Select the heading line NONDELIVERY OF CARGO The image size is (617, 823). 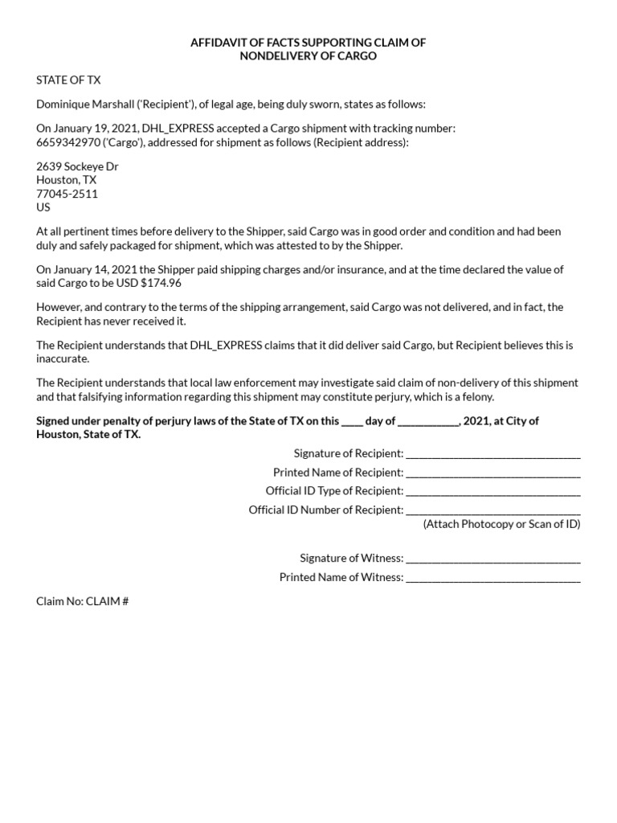308,56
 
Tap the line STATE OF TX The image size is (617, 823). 68,80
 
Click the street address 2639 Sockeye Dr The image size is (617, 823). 77,166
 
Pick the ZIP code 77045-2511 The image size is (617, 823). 67,194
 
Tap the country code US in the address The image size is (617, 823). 43,207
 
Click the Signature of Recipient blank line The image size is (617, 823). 493,455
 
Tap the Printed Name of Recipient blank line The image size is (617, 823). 493,473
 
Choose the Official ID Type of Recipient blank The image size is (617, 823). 493,492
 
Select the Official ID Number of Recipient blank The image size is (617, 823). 493,511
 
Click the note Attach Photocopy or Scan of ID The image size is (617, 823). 501,524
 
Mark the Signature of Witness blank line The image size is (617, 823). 493,559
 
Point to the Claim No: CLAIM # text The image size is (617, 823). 83,600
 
